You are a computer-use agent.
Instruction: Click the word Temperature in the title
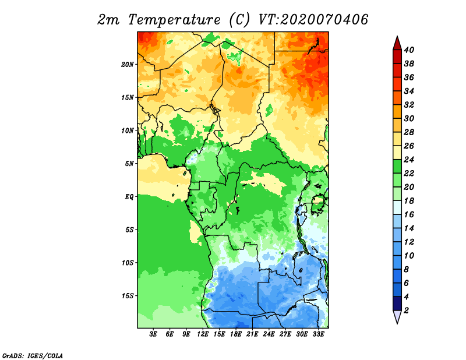[x=174, y=20]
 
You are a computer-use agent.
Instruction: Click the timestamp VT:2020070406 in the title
[x=313, y=19]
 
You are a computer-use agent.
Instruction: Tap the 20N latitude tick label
[x=128, y=64]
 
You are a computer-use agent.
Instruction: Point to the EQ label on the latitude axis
[x=129, y=197]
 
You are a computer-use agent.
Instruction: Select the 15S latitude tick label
[x=128, y=296]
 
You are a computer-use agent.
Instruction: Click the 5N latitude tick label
[x=129, y=164]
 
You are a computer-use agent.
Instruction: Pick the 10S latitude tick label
[x=128, y=263]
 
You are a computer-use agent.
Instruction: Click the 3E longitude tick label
[x=153, y=334]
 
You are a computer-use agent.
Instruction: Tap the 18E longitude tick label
[x=236, y=334]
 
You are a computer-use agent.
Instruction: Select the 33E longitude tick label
[x=318, y=334]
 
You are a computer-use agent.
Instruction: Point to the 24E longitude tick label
[x=269, y=334]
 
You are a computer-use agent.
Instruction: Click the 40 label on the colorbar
[x=409, y=50]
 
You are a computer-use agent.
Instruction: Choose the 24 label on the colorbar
[x=409, y=160]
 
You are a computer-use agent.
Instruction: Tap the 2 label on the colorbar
[x=406, y=310]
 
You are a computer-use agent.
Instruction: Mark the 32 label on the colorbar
[x=409, y=105]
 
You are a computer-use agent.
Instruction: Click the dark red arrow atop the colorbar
[x=397, y=43]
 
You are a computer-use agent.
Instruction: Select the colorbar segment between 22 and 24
[x=397, y=167]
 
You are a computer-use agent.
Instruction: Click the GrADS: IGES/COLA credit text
[x=33, y=356]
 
